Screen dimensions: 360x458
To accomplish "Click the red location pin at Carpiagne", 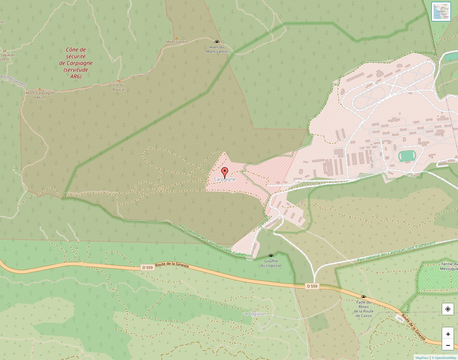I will pyautogui.click(x=225, y=172).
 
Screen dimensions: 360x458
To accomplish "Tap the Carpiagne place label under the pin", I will pyautogui.click(x=225, y=179).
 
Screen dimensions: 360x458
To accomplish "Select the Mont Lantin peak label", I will pyautogui.click(x=177, y=42).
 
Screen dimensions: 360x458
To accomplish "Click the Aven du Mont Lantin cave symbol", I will pyautogui.click(x=217, y=42).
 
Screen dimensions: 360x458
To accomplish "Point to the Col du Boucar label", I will pyautogui.click(x=119, y=87).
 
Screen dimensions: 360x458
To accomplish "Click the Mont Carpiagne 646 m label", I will pyautogui.click(x=40, y=95).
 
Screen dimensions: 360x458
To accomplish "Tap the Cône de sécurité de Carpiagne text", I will pyautogui.click(x=76, y=63).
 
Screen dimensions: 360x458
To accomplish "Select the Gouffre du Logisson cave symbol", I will pyautogui.click(x=271, y=257).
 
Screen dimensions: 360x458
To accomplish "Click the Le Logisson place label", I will pyautogui.click(x=254, y=314).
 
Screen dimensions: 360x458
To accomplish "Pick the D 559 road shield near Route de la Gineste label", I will pyautogui.click(x=147, y=267).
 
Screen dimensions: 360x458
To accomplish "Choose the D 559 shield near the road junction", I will pyautogui.click(x=312, y=286).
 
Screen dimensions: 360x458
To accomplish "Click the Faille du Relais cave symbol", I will pyautogui.click(x=363, y=297).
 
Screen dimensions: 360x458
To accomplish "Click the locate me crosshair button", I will pyautogui.click(x=448, y=309).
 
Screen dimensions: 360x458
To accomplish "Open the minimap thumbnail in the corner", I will pyautogui.click(x=441, y=12).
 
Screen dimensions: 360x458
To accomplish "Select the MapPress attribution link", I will pyautogui.click(x=422, y=358).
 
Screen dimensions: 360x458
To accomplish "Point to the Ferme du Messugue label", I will pyautogui.click(x=449, y=266).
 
